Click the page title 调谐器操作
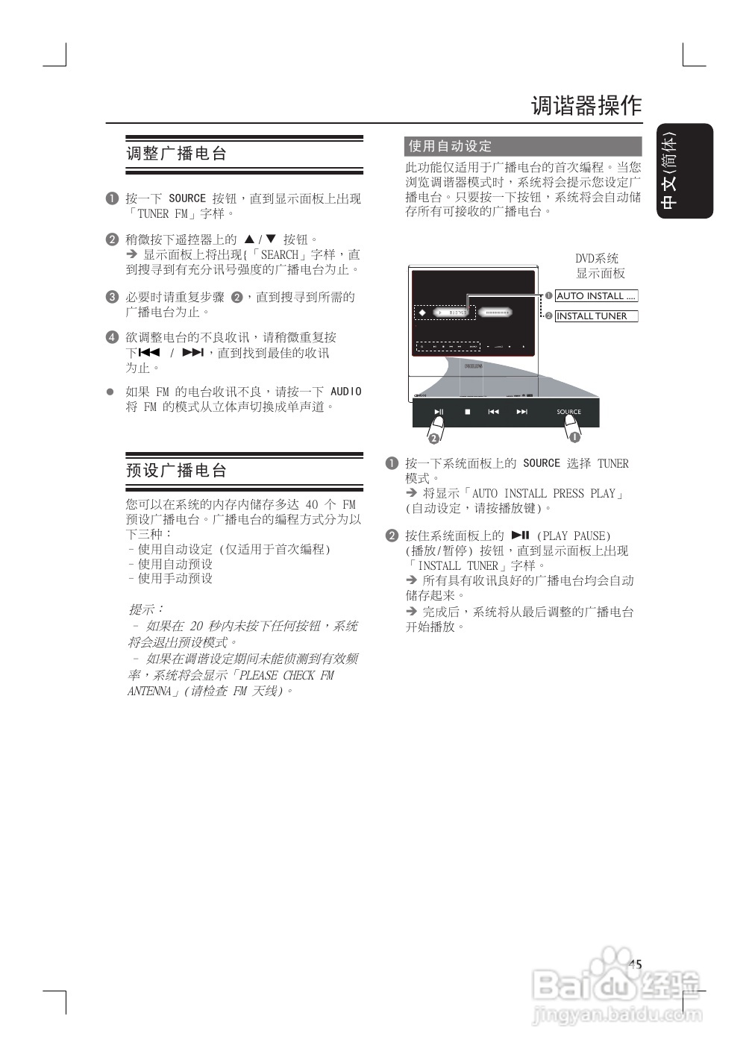click(x=586, y=106)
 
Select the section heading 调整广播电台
click(x=176, y=154)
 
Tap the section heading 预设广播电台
click(x=176, y=471)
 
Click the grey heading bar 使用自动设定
click(x=523, y=146)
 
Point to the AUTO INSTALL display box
click(x=596, y=296)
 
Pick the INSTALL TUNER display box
click(x=596, y=316)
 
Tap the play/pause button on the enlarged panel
click(x=439, y=412)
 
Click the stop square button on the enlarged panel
click(x=468, y=412)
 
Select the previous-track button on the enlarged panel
click(x=494, y=412)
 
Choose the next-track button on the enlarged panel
click(x=522, y=412)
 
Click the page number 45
click(x=635, y=965)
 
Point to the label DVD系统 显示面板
click(x=599, y=266)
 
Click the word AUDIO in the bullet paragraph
click(x=345, y=392)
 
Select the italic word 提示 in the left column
click(x=146, y=609)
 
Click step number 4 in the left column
click(x=112, y=337)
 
